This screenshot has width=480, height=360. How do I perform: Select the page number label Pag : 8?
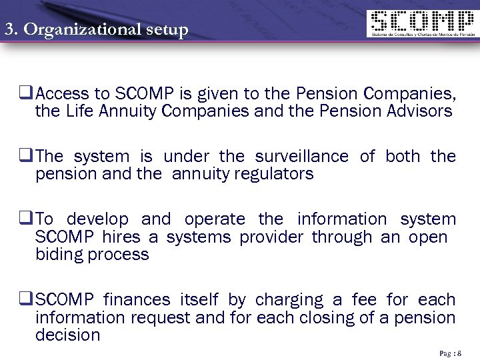click(x=450, y=353)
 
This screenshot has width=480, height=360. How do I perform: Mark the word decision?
click(x=67, y=335)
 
